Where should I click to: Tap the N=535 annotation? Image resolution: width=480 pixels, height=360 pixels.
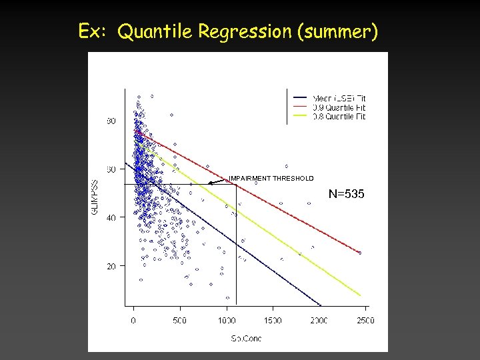pyautogui.click(x=347, y=194)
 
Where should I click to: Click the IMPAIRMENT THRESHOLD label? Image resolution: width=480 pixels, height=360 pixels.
pyautogui.click(x=271, y=178)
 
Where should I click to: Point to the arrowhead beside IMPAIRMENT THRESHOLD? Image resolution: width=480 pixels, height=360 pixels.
pyautogui.click(x=209, y=183)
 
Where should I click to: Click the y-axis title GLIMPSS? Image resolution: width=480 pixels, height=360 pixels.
pyautogui.click(x=95, y=197)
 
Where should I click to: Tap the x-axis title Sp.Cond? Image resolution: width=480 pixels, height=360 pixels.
pyautogui.click(x=246, y=339)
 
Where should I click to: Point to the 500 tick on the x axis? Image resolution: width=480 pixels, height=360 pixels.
pyautogui.click(x=180, y=321)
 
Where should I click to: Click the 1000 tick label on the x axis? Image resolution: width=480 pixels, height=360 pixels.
pyautogui.click(x=227, y=321)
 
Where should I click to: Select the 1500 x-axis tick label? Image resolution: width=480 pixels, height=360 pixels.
pyautogui.click(x=273, y=321)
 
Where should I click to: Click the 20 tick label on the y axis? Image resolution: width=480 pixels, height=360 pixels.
pyautogui.click(x=111, y=266)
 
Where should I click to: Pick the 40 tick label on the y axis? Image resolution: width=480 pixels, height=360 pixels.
pyautogui.click(x=111, y=217)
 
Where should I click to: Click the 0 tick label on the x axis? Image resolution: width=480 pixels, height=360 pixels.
pyautogui.click(x=133, y=321)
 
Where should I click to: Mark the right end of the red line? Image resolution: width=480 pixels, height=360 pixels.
pyautogui.click(x=361, y=253)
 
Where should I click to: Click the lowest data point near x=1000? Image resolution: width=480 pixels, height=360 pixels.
pyautogui.click(x=227, y=298)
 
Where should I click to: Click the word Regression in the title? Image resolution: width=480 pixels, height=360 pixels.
pyautogui.click(x=237, y=31)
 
